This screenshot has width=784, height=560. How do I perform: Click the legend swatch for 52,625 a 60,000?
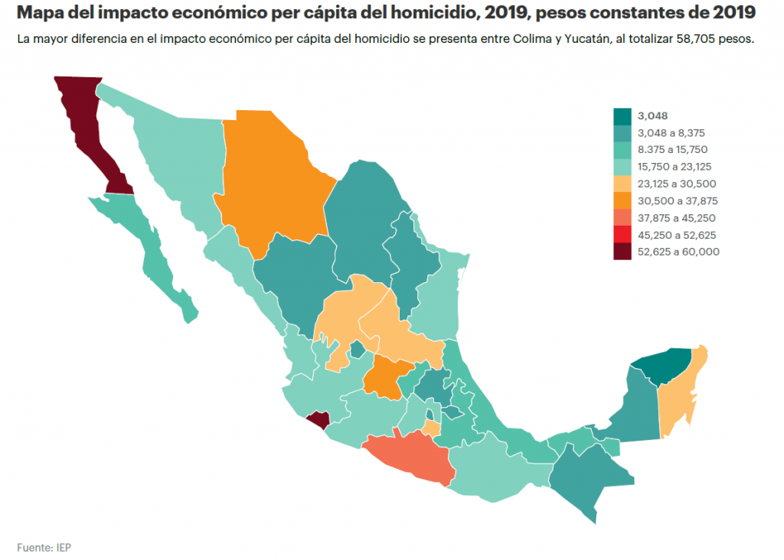click(622, 252)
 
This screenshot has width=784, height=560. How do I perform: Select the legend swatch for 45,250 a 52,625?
click(622, 235)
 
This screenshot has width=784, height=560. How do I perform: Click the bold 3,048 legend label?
click(652, 116)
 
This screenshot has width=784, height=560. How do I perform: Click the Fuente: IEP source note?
click(44, 547)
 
